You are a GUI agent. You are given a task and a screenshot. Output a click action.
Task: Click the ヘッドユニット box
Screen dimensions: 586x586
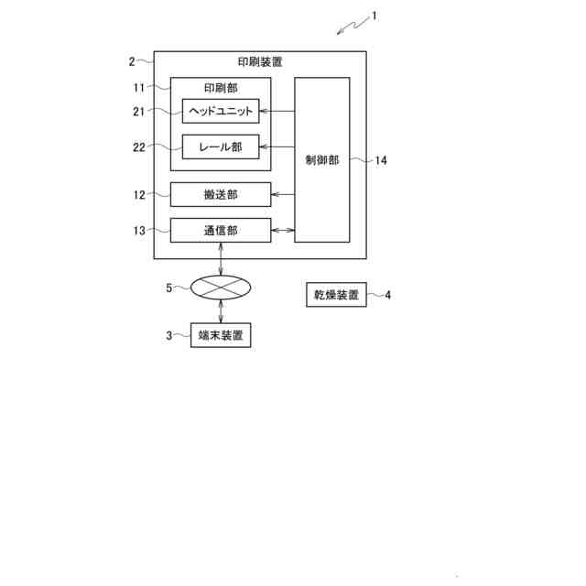221,111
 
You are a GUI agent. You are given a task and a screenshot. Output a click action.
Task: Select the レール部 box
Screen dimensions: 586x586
221,146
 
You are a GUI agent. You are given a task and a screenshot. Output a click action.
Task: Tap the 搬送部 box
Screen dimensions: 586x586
221,195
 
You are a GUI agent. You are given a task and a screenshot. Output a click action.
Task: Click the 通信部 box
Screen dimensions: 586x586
221,231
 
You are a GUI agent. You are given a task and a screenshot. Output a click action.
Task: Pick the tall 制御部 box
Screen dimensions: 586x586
321,160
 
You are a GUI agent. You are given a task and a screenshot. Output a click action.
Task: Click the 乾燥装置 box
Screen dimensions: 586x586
334,295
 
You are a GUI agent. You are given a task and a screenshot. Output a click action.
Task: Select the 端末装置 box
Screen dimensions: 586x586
220,336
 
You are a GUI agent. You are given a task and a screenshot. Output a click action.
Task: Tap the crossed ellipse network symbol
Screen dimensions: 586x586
221,288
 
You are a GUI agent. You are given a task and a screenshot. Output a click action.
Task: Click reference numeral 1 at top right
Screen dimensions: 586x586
374,16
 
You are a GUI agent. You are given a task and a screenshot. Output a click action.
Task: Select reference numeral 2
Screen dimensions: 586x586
132,61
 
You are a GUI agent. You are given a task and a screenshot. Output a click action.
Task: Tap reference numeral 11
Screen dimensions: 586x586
138,87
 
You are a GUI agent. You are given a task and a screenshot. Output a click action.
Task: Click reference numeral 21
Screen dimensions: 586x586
138,111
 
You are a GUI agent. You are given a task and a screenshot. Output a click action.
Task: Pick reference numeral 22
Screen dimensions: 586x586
138,146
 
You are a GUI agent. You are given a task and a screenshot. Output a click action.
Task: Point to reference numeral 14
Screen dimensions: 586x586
381,160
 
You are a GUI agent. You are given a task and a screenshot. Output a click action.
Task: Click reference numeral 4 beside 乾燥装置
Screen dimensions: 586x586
388,295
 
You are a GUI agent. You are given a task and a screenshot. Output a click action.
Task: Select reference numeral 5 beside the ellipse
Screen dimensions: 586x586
168,288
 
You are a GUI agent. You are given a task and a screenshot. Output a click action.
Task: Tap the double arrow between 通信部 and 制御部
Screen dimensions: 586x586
282,231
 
